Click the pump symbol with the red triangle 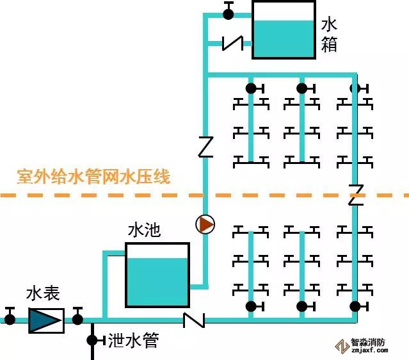click(x=205, y=225)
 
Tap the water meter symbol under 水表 click(x=46, y=320)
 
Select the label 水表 click(x=44, y=294)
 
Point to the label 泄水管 click(x=133, y=340)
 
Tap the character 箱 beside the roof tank click(x=329, y=45)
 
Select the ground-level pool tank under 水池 click(x=157, y=275)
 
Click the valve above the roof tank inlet click(x=229, y=12)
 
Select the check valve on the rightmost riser click(x=356, y=194)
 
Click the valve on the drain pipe click(x=92, y=339)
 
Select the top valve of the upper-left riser click(x=251, y=88)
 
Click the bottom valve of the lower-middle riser click(x=302, y=306)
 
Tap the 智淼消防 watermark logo click(x=367, y=346)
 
